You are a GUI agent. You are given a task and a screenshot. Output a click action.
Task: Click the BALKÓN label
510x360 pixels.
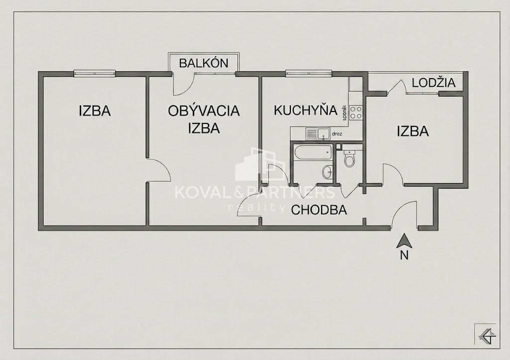tap(204, 63)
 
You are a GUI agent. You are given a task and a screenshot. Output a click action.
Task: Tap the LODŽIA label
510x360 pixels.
tap(434, 83)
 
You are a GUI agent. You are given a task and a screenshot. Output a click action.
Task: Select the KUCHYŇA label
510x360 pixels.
tap(305, 110)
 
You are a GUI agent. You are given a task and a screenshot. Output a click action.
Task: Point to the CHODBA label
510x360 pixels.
tap(319, 210)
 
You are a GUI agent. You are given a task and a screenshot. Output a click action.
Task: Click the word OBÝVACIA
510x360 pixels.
tap(204, 111)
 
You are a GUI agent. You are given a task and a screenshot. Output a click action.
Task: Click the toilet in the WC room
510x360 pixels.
tap(349, 158)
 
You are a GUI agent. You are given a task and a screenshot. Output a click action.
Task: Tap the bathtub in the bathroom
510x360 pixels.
tap(312, 152)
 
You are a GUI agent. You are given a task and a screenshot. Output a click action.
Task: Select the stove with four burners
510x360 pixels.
tap(356, 112)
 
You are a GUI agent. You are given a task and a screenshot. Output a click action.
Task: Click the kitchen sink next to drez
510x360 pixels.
tap(318, 133)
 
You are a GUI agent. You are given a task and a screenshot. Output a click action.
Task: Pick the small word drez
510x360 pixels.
tap(337, 133)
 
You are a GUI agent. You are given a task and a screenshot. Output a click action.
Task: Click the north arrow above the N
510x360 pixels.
tap(404, 241)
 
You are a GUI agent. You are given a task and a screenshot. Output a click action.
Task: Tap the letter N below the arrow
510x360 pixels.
tap(404, 256)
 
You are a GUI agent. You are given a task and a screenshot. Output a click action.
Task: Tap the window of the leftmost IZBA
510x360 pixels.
tap(95, 74)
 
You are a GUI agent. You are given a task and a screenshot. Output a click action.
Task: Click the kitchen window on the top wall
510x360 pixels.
tap(309, 74)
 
